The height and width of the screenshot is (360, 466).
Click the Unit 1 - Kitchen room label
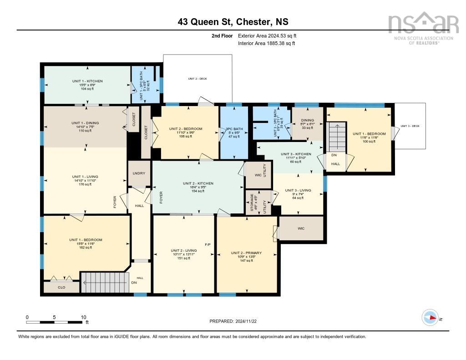[x=87, y=81]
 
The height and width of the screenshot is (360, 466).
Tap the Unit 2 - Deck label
[x=198, y=79]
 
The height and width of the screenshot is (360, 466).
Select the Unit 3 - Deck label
[x=410, y=126]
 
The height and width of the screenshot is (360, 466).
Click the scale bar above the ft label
[x=55, y=322]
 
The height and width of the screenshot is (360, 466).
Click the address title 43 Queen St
[x=233, y=22]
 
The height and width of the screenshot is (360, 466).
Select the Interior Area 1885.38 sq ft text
[x=266, y=43]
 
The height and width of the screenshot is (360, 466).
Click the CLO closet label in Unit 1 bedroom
[x=61, y=287]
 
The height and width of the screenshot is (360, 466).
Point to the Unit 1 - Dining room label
[x=85, y=123]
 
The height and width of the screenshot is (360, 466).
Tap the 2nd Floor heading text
[x=222, y=35]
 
